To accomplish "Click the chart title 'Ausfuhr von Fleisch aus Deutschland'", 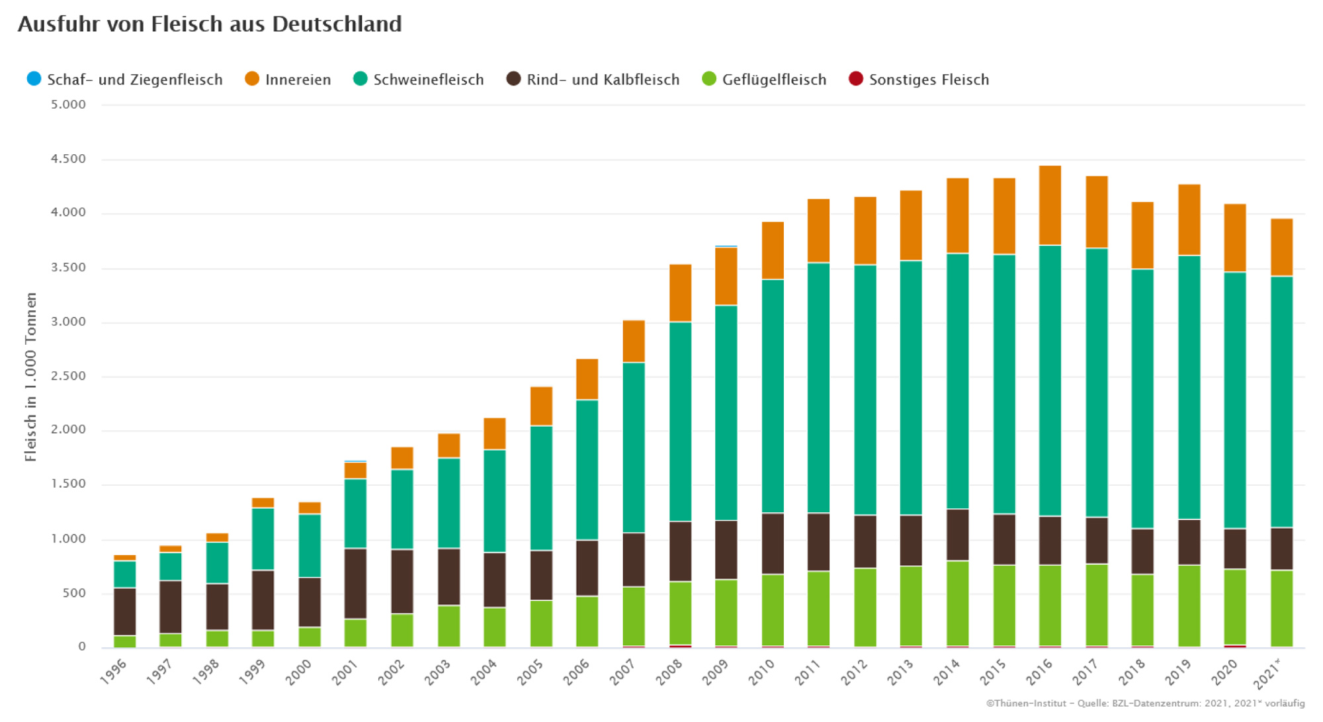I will coord(210,24).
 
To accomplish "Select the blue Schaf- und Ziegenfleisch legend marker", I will coord(34,79).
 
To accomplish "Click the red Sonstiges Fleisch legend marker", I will coord(856,79).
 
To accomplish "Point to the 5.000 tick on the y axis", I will coord(68,105).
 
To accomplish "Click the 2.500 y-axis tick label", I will coord(68,376).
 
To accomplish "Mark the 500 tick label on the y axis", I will coord(74,593).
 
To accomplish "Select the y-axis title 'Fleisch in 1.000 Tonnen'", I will coord(30,377).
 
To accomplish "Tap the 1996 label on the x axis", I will coord(113,671).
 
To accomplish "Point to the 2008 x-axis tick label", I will coord(669,671).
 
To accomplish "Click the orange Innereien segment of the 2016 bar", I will coord(1050,205).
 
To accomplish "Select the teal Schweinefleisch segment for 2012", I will coord(865,390).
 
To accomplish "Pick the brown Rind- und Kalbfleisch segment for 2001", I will coord(355,584).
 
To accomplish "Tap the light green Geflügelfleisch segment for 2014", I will coord(957,603).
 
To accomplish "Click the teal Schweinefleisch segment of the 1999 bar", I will coord(263,539).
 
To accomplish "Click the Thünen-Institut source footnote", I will coord(1145,703).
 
